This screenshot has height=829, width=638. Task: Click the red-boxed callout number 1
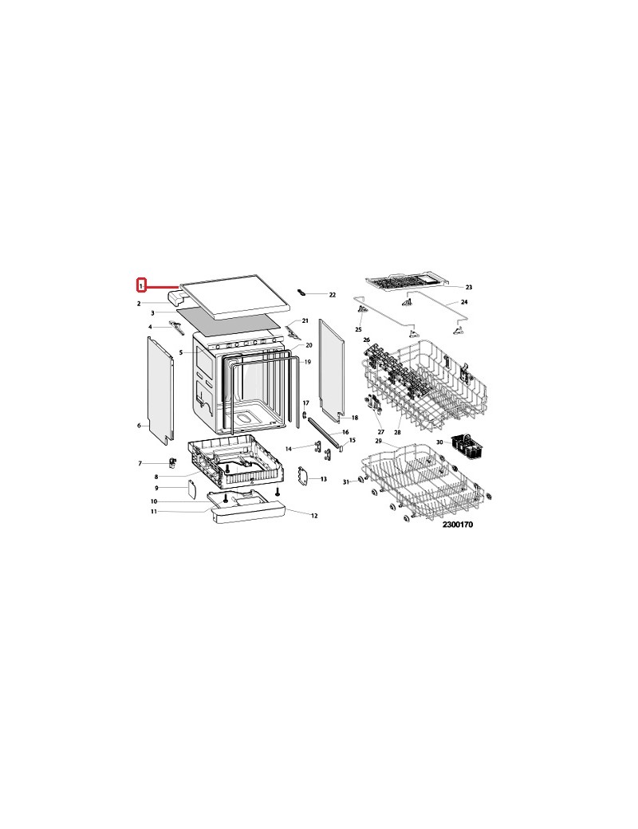pyautogui.click(x=141, y=285)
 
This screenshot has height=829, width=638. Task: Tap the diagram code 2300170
pyautogui.click(x=458, y=525)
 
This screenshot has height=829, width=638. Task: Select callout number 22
pyautogui.click(x=333, y=294)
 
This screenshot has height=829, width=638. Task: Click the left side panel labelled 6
pyautogui.click(x=160, y=390)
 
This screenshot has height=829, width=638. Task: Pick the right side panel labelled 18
pyautogui.click(x=332, y=370)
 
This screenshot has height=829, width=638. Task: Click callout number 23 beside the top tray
pyautogui.click(x=469, y=287)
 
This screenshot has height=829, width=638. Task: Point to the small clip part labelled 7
pyautogui.click(x=172, y=462)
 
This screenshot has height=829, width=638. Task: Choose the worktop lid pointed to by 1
pyautogui.click(x=236, y=296)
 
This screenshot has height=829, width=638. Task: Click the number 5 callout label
pyautogui.click(x=181, y=352)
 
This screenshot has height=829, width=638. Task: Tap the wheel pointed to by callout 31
pyautogui.click(x=360, y=480)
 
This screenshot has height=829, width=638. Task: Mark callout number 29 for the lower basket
pyautogui.click(x=378, y=440)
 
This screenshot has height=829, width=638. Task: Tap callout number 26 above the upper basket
pyautogui.click(x=367, y=340)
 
